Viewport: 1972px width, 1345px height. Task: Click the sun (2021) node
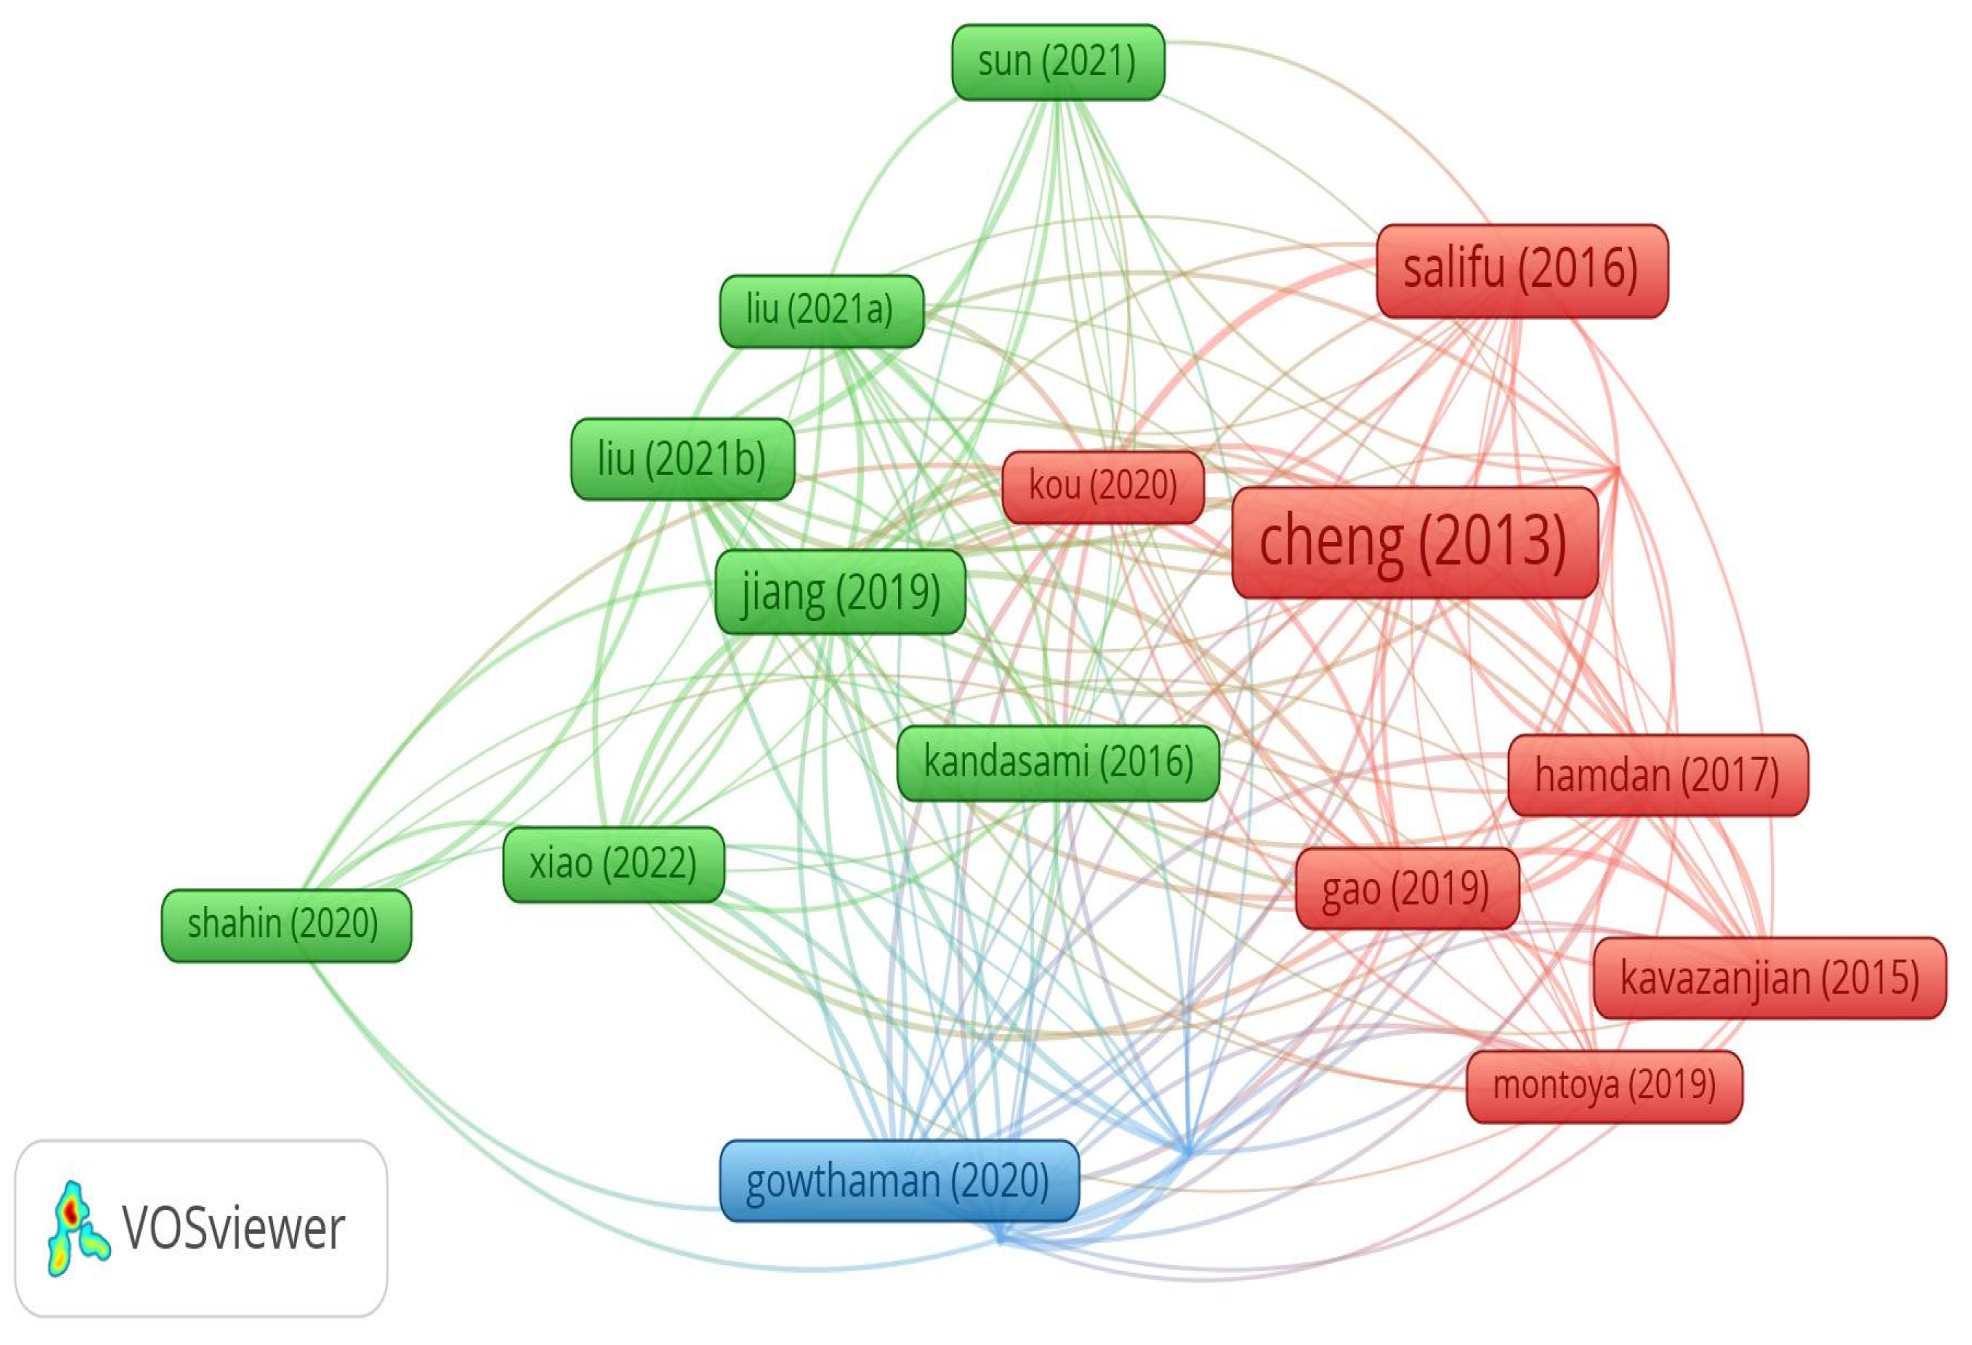[x=1057, y=62]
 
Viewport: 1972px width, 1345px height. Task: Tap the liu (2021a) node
[x=820, y=311]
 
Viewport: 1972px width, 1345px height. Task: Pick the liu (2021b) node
[x=682, y=459]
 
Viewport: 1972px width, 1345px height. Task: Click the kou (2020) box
[x=1102, y=486]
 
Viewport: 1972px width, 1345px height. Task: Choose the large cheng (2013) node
[x=1414, y=543]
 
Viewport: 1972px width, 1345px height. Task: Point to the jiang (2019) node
[x=840, y=591]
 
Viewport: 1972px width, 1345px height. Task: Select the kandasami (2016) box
[x=1057, y=763]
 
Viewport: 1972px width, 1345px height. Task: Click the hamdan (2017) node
[x=1657, y=775]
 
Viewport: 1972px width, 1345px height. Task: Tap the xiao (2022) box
[x=613, y=864]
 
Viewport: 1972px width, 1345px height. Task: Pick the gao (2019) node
[x=1406, y=889]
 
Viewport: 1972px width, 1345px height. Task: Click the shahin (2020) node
[x=285, y=925]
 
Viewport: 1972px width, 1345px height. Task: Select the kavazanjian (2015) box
[x=1769, y=978]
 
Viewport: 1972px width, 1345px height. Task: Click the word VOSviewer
[x=234, y=1228]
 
